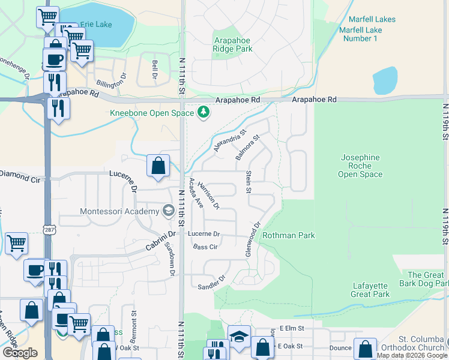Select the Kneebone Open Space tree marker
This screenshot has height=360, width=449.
204,112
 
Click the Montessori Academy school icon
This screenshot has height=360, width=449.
168,211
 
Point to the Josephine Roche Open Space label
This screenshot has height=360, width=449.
360,166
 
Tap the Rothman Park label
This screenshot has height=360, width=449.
288,235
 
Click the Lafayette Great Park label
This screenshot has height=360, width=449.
370,290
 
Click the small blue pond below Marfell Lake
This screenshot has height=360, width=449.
385,80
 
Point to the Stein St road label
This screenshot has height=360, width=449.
248,182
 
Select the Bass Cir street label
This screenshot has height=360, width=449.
205,247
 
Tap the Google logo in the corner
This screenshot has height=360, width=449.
20,353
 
